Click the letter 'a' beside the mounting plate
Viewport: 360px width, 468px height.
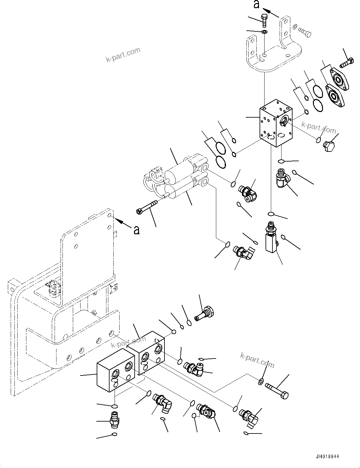pos(136,231)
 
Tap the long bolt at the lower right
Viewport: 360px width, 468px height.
pos(277,391)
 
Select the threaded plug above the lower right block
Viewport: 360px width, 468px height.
pos(204,314)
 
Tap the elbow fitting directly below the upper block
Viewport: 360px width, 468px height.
pos(282,178)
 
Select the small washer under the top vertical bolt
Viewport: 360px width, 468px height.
pos(265,31)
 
